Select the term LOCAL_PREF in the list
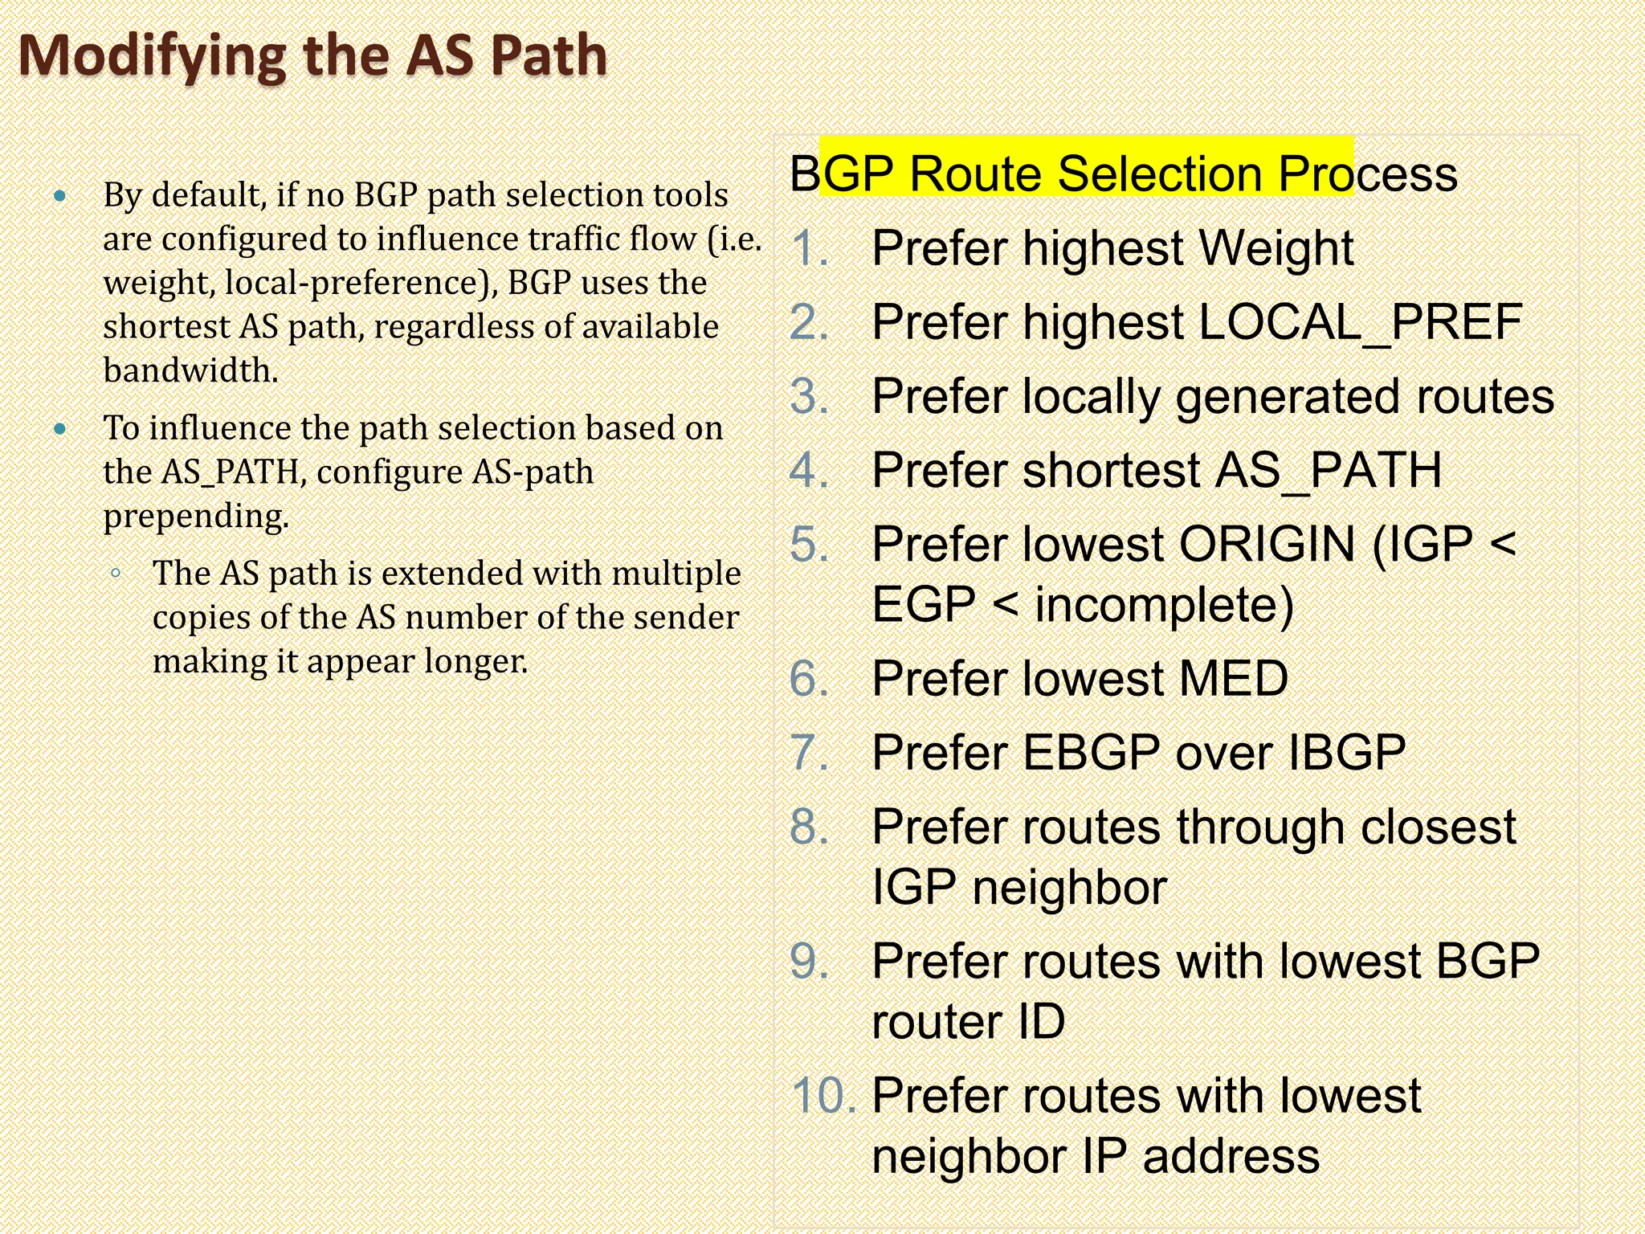(1360, 322)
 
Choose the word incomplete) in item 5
(1164, 604)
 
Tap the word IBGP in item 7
(1347, 753)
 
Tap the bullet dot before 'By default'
(60, 195)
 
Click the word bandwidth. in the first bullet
(191, 370)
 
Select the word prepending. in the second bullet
(196, 516)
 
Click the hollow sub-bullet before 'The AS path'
(116, 574)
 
